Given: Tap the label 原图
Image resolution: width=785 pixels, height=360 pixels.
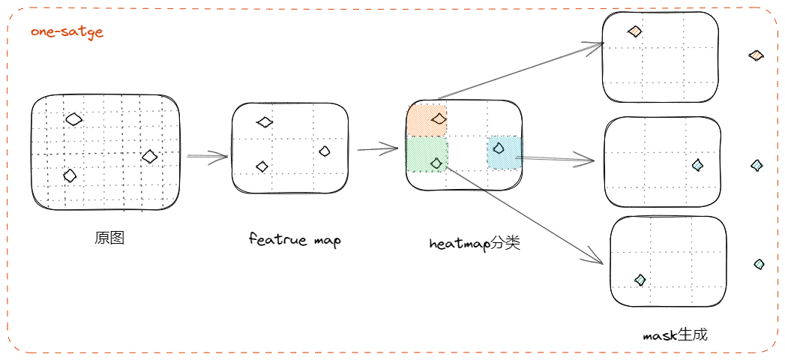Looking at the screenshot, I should [109, 238].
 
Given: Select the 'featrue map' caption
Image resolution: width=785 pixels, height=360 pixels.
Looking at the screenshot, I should [294, 240].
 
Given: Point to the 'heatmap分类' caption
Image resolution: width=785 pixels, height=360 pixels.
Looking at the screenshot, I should [475, 243].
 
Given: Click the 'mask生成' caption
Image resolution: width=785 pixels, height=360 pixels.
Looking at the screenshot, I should [675, 334].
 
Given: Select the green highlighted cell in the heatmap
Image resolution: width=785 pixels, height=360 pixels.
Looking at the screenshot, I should [427, 154].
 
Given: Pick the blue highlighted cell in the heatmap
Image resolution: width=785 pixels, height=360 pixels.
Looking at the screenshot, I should [502, 152].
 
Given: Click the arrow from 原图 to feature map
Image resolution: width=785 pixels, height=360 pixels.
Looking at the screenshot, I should [207, 157].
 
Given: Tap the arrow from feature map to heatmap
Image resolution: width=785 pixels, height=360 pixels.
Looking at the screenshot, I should [377, 148].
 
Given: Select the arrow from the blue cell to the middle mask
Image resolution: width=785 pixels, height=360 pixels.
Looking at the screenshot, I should [558, 158].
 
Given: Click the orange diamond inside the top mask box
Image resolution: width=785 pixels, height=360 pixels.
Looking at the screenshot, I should [635, 31].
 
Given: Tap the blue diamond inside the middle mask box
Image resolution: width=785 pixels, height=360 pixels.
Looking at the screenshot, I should [697, 165].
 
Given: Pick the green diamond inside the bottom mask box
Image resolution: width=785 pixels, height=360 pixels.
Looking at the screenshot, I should [640, 280].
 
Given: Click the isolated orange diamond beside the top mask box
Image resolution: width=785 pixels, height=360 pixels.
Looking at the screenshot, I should [756, 55].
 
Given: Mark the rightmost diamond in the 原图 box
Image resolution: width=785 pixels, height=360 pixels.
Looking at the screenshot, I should [150, 156].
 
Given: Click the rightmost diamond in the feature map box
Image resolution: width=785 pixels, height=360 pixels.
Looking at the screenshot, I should [325, 151].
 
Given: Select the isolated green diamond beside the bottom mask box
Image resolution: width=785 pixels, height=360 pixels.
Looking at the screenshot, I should [760, 264].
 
